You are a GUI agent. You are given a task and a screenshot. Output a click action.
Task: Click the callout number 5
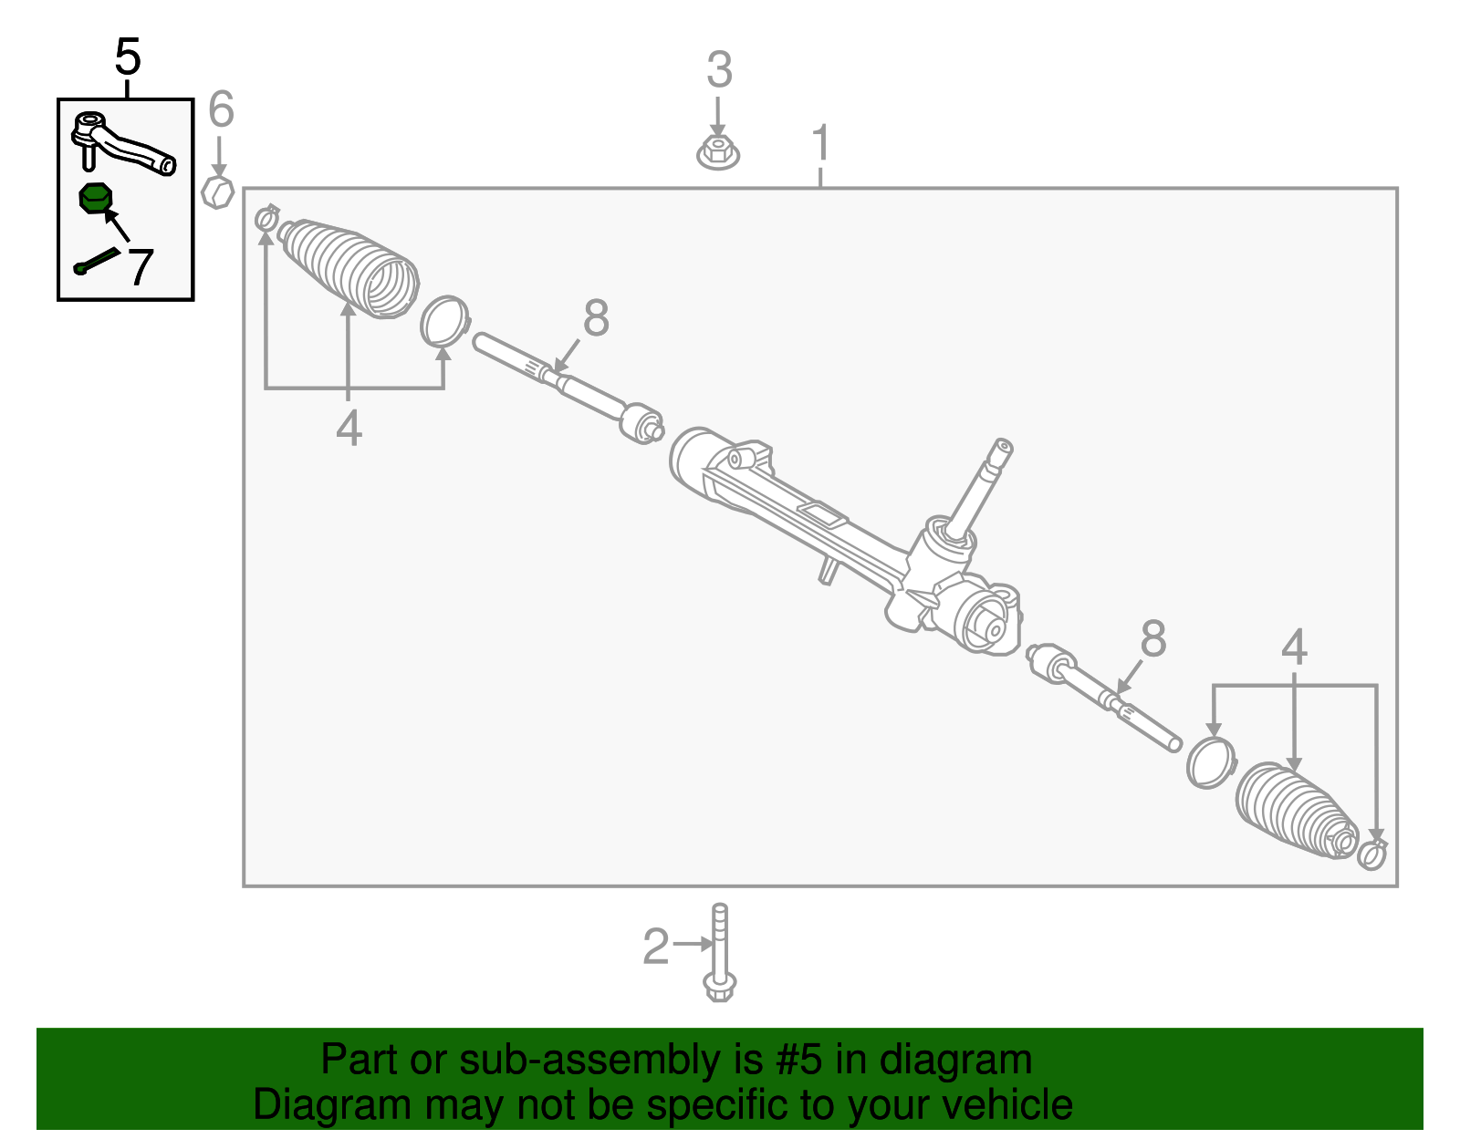click(128, 57)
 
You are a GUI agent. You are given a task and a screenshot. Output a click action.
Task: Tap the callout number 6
click(221, 109)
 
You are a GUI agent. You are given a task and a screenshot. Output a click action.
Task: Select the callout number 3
click(719, 70)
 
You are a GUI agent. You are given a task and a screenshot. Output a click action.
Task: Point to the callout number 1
click(821, 143)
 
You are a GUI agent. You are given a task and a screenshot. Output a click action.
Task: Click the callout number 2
click(656, 947)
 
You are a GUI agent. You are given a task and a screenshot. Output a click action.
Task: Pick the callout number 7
click(140, 266)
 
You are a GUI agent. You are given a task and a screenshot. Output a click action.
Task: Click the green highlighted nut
click(95, 198)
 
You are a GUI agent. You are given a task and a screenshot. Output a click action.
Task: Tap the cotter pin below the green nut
click(96, 261)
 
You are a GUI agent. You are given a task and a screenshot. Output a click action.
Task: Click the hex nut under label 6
click(218, 192)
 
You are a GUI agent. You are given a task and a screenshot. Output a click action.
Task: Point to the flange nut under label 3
click(718, 152)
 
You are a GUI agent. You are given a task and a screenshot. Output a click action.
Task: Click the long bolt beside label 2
click(719, 953)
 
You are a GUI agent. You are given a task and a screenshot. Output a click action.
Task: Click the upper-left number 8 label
click(595, 318)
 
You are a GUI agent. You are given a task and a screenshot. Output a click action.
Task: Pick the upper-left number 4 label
click(349, 427)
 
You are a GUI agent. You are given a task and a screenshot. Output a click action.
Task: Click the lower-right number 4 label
click(1294, 647)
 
